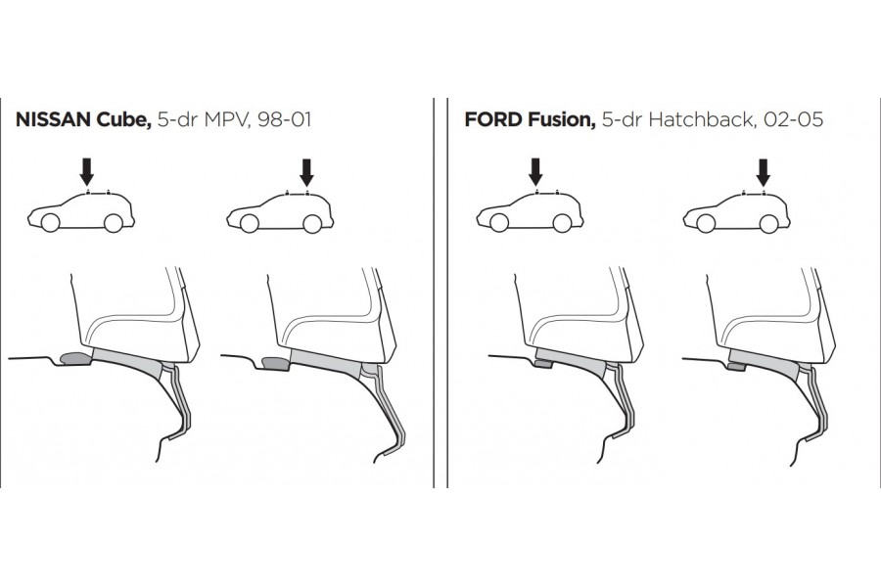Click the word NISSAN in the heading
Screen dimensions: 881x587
coord(54,119)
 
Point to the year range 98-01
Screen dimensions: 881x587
coord(284,119)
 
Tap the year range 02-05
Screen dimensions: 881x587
coord(793,119)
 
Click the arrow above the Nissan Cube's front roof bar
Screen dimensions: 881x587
coord(86,172)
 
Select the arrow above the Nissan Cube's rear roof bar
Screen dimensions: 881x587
coord(306,172)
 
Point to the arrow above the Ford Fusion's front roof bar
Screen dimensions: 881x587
coord(535,172)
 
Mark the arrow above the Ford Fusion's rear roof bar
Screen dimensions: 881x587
coord(763,172)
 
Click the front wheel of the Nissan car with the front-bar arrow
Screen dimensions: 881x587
coord(50,223)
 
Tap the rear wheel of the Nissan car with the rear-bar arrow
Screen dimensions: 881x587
coord(312,224)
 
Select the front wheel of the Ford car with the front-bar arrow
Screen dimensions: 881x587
coord(499,223)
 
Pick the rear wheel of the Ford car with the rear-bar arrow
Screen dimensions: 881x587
coord(768,224)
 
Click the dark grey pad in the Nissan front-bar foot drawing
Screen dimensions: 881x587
coord(75,358)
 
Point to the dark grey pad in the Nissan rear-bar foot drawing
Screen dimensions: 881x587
coord(275,363)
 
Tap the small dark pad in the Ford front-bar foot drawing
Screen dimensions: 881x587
coord(543,364)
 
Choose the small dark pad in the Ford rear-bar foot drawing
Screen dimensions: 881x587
coord(736,367)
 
